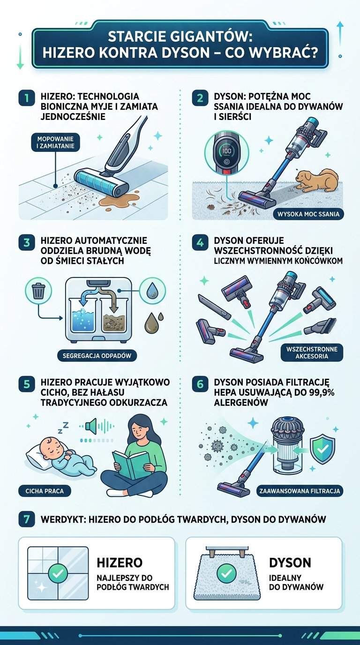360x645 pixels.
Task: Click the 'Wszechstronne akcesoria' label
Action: point(312,352)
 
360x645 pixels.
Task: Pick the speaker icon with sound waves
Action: point(91,426)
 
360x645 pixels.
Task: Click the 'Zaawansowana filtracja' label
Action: point(300,491)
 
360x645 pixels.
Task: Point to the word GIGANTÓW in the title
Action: point(212,36)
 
